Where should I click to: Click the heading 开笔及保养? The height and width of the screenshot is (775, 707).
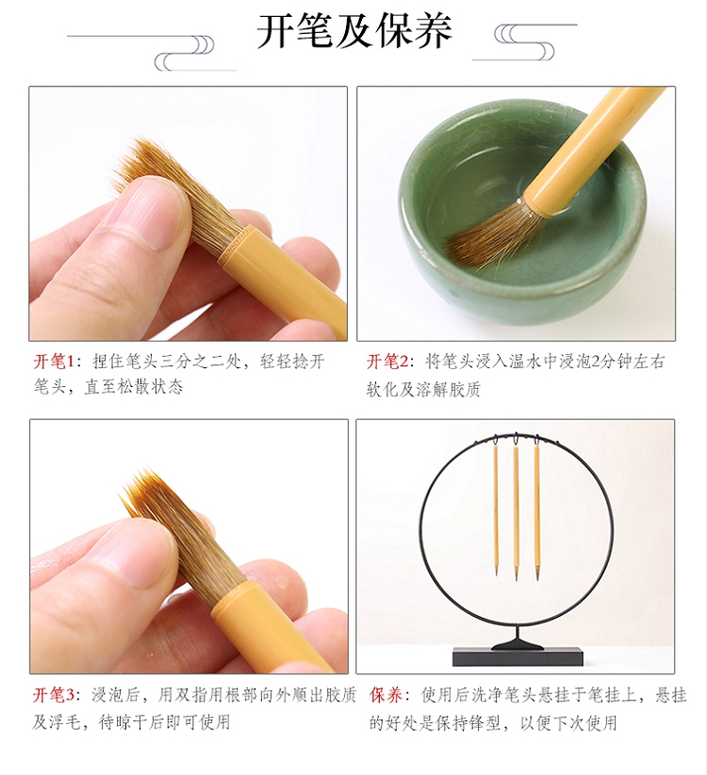[x=354, y=31]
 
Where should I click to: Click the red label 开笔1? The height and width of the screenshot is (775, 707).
[x=53, y=362]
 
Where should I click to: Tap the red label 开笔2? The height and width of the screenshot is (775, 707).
[x=386, y=362]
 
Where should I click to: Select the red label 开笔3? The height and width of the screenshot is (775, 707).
[x=54, y=695]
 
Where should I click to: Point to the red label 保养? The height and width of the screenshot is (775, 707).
[x=386, y=695]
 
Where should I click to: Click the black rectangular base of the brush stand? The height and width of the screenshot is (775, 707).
[x=518, y=656]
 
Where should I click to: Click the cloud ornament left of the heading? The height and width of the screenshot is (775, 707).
[x=152, y=53]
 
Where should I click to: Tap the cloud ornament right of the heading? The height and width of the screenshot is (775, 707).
[x=525, y=42]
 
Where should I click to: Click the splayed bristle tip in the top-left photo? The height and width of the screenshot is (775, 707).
[x=143, y=163]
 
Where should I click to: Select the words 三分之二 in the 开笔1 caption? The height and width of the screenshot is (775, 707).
[x=193, y=362]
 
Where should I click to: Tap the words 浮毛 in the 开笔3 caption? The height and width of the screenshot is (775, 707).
[x=65, y=722]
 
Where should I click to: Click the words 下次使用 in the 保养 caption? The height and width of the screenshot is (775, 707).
[x=584, y=722]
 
